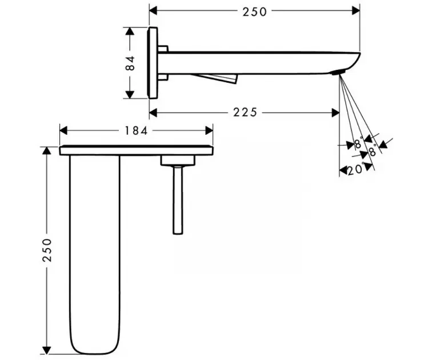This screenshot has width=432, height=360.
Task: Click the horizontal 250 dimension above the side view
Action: [x=254, y=11]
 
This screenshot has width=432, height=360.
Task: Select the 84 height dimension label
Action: [x=130, y=63]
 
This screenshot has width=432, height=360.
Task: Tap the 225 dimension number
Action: [x=245, y=113]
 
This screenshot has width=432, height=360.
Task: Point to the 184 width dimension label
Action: [x=136, y=130]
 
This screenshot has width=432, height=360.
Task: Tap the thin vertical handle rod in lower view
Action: [x=178, y=200]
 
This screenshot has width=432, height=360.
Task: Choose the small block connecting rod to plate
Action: [x=178, y=161]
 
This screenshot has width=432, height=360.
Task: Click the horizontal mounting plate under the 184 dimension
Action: [x=136, y=150]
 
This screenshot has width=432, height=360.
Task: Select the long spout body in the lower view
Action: [x=94, y=251]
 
